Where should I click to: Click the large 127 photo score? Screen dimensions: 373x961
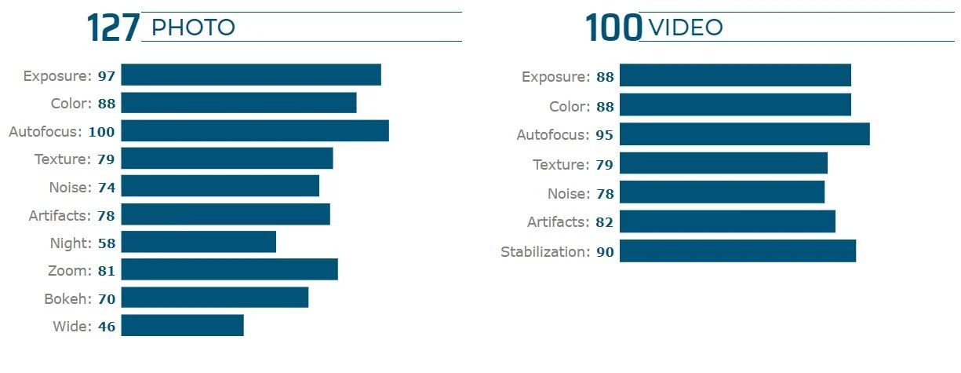(x=113, y=28)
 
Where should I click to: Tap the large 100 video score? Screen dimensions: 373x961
(x=613, y=28)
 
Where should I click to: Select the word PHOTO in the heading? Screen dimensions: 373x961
(x=193, y=28)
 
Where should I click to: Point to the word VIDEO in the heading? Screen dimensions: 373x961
(x=686, y=28)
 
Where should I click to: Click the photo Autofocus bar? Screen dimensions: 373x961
(x=255, y=131)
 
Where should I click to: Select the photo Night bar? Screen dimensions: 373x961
(x=198, y=242)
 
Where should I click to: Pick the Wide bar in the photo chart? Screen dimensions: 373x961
(x=182, y=325)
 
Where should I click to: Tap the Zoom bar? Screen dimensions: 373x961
(x=229, y=269)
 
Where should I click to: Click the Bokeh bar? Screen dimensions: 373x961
(x=214, y=298)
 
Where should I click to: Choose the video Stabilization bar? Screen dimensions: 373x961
(x=737, y=251)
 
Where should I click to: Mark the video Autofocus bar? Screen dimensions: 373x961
(x=744, y=134)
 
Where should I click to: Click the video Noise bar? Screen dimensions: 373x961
(x=722, y=192)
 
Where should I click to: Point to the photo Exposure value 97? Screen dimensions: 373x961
(x=107, y=76)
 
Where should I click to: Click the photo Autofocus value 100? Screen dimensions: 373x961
(x=101, y=132)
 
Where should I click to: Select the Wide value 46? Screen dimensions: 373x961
(x=107, y=327)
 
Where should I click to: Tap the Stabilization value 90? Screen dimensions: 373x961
(x=605, y=252)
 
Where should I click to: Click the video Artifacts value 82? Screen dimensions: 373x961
(x=605, y=222)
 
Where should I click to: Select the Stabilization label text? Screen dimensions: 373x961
(x=544, y=252)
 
